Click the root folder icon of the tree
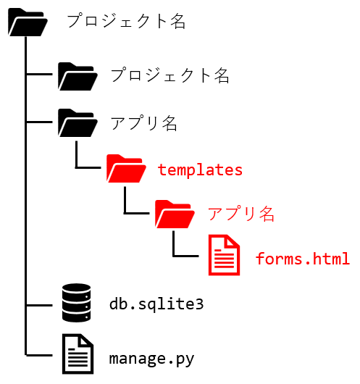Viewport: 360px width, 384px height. (x=28, y=22)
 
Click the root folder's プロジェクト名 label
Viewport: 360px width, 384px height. (x=126, y=21)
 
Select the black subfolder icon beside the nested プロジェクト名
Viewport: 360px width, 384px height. (x=78, y=77)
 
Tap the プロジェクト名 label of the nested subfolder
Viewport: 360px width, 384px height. (x=170, y=75)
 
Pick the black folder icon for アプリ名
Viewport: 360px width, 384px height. (x=78, y=123)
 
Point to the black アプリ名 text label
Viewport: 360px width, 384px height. (x=143, y=123)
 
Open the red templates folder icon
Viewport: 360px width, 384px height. (x=126, y=169)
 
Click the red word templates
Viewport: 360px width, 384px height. (x=200, y=170)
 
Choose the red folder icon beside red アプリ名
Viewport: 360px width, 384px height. (x=175, y=214)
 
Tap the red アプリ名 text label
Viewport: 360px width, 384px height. (x=241, y=214)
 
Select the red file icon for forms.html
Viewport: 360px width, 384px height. (x=224, y=255)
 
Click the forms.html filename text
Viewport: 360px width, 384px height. (x=303, y=259)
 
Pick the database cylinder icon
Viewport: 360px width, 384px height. (x=76, y=302)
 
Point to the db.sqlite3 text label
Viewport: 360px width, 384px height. (x=156, y=304)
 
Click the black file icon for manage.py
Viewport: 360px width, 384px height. (x=78, y=354)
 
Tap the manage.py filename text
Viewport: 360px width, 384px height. (x=151, y=359)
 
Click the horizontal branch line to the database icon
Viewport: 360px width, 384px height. (x=39, y=305)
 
